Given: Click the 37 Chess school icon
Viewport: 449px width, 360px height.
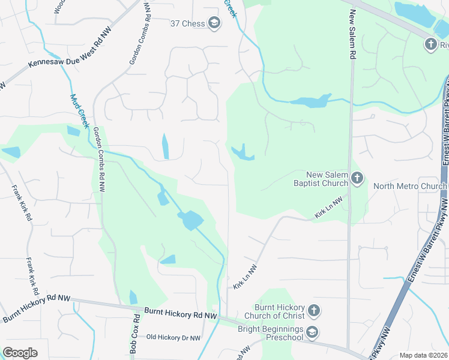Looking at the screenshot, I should click(214, 23).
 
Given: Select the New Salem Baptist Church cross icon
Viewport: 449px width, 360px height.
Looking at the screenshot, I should click(357, 178).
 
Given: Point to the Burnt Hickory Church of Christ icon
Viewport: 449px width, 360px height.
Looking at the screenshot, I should click(313, 311).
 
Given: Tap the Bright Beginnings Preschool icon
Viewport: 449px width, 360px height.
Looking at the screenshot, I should click(312, 332).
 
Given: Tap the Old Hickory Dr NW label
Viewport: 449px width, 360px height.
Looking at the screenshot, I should click(173, 338).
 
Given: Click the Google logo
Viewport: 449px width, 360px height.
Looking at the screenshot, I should click(20, 353).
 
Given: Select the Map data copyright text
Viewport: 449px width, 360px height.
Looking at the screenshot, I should click(423, 355).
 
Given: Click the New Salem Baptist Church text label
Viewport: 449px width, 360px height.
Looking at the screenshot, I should click(319, 178).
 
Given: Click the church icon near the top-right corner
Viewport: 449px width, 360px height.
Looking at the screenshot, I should click(430, 44).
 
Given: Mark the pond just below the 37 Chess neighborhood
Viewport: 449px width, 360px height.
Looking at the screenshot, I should click(166, 146).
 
